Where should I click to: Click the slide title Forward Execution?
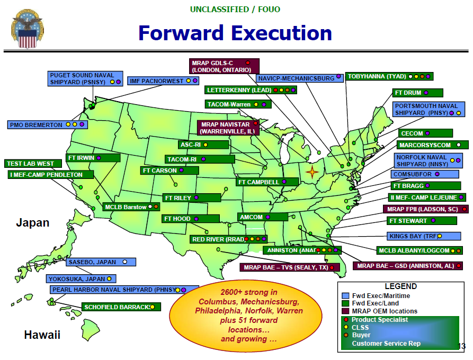click(235, 33)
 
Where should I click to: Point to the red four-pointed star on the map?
click(313, 173)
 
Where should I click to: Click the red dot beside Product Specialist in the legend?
click(346, 319)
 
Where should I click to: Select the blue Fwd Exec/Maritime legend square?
click(345, 296)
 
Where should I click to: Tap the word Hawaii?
click(42, 335)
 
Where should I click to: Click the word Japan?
click(32, 223)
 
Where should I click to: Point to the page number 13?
click(461, 347)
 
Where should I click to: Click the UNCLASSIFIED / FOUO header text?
click(236, 10)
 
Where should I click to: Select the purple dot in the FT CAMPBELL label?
click(284, 182)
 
